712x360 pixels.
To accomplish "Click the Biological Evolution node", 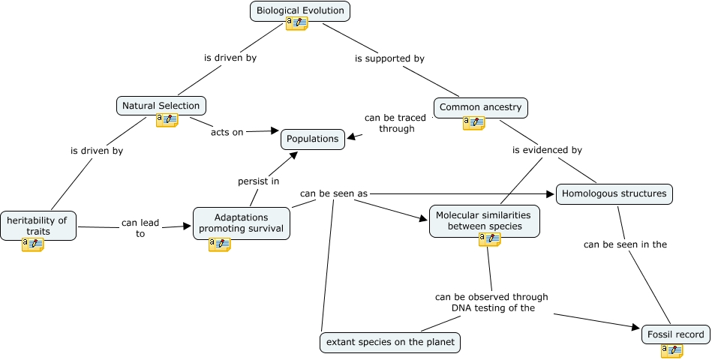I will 300,10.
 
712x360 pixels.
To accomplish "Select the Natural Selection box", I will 161,106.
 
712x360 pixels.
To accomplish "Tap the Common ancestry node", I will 480,107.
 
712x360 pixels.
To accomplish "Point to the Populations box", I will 314,139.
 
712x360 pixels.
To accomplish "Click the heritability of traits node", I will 38,225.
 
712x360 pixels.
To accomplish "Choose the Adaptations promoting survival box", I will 241,223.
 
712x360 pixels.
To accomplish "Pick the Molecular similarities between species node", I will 484,220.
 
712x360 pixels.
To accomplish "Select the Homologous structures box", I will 614,193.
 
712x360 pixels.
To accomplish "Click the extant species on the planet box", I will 389,343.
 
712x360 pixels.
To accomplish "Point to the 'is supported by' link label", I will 389,58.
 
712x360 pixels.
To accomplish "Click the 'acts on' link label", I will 227,132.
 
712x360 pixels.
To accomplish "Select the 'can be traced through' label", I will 395,123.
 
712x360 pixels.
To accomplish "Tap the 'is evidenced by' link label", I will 547,150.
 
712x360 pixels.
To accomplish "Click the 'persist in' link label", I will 259,181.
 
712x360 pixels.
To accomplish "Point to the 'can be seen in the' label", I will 625,244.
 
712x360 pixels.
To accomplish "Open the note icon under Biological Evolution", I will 296,24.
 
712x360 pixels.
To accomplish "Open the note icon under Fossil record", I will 671,350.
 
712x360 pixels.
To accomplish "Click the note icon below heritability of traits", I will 32,244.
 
